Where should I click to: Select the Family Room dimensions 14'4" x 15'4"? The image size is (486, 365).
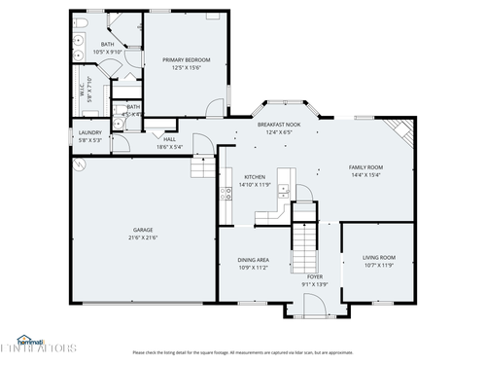click(x=365, y=175)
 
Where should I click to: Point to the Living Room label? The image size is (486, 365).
click(x=378, y=257)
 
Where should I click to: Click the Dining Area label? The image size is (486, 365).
click(x=254, y=259)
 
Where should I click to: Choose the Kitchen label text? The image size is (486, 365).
click(x=240, y=177)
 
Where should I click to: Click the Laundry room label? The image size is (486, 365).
click(x=89, y=132)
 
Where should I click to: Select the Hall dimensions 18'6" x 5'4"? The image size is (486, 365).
click(x=169, y=147)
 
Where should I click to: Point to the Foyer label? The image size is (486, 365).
click(x=315, y=276)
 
